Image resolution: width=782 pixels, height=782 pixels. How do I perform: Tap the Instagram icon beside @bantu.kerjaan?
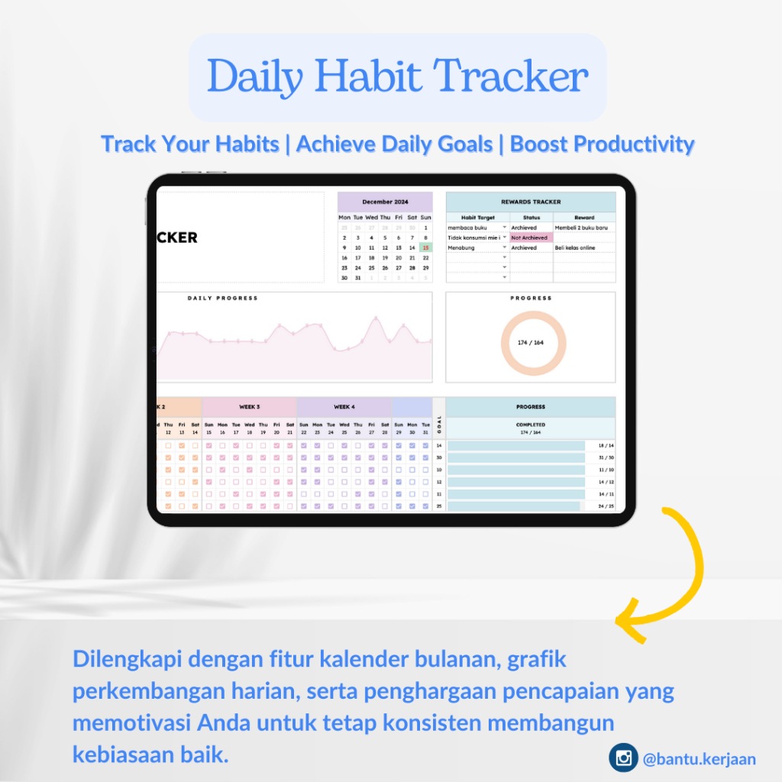(623, 758)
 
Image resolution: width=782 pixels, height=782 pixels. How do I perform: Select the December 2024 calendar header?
(385, 202)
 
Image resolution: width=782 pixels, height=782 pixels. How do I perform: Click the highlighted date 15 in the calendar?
(425, 247)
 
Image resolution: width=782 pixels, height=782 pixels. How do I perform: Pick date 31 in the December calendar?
(358, 278)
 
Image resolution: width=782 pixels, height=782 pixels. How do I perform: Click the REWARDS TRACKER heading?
(531, 202)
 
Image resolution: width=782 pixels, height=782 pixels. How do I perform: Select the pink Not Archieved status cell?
(531, 238)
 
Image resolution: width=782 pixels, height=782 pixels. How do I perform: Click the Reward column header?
(584, 218)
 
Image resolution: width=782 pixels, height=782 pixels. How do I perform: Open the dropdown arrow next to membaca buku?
(505, 228)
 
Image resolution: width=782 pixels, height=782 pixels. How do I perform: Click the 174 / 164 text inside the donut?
(530, 343)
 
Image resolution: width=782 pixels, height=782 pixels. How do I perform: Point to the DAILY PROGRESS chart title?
(222, 298)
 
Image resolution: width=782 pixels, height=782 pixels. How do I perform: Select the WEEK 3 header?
(249, 407)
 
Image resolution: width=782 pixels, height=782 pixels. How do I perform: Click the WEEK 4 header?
(344, 407)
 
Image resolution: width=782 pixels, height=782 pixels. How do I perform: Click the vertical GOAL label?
(439, 420)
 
